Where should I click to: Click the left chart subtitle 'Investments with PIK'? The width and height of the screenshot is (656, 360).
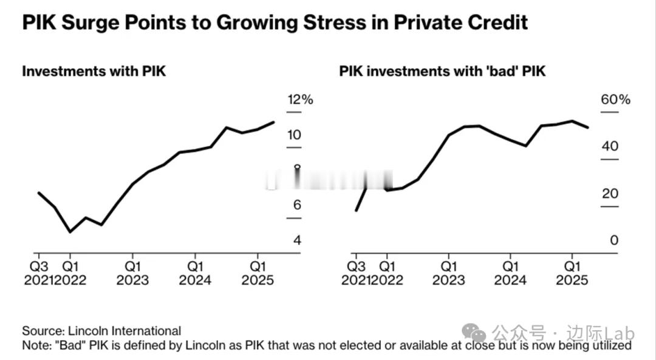(94, 71)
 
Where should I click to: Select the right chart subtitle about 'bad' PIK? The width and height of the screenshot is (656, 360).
(442, 71)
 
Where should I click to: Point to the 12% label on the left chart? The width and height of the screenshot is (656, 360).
(300, 100)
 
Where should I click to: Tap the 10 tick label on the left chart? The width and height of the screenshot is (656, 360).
(294, 135)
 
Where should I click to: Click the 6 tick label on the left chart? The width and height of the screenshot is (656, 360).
(297, 205)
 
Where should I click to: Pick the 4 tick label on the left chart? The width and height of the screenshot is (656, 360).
(297, 240)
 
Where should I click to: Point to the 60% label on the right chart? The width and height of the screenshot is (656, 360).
(616, 100)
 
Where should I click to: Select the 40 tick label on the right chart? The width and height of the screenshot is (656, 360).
(610, 146)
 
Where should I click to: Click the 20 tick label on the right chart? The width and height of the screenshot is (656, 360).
(610, 194)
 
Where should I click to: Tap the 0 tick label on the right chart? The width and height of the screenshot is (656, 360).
(614, 240)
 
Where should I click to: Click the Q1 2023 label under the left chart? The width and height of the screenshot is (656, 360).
(132, 273)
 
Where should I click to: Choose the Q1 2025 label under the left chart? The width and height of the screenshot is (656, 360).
(258, 273)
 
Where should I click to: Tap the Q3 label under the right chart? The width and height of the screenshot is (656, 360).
(355, 266)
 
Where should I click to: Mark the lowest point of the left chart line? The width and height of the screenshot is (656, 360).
(70, 231)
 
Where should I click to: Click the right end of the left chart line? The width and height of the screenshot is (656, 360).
(273, 122)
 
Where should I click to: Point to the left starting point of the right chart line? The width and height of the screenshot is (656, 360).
(356, 210)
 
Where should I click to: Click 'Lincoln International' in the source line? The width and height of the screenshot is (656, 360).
(124, 331)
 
